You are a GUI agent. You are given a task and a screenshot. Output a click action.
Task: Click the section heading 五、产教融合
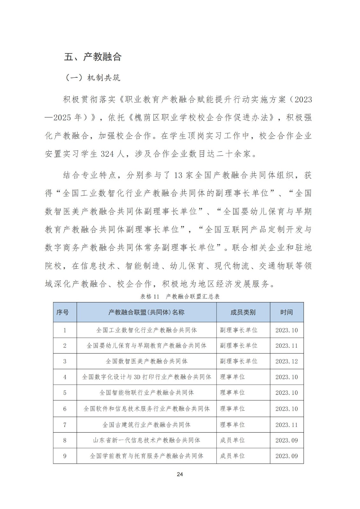[93, 57]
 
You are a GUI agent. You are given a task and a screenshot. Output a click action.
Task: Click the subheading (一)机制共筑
[93, 78]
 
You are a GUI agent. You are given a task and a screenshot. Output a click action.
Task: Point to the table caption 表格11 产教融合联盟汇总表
[180, 296]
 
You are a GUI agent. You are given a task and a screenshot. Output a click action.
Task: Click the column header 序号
[62, 312]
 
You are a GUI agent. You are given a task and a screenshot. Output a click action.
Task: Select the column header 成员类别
[243, 312]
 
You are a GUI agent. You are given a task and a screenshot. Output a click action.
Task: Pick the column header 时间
[286, 312]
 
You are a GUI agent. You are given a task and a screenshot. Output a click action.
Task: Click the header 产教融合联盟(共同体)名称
[146, 312]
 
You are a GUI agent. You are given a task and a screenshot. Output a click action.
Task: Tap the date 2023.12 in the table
[286, 361]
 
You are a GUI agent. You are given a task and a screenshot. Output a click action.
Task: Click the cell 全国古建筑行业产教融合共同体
[146, 425]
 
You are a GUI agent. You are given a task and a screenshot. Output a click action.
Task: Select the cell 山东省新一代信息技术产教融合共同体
[146, 440]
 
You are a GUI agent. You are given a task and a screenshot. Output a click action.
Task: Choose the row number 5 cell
[65, 393]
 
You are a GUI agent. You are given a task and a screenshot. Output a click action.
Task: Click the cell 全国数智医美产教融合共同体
[146, 361]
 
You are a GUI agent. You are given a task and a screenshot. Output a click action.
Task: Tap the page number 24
[180, 474]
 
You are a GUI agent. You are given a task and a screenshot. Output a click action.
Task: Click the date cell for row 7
[286, 425]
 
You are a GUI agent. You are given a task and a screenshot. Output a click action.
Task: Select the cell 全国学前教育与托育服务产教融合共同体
[146, 456]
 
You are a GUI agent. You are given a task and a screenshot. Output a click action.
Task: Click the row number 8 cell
[65, 440]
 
